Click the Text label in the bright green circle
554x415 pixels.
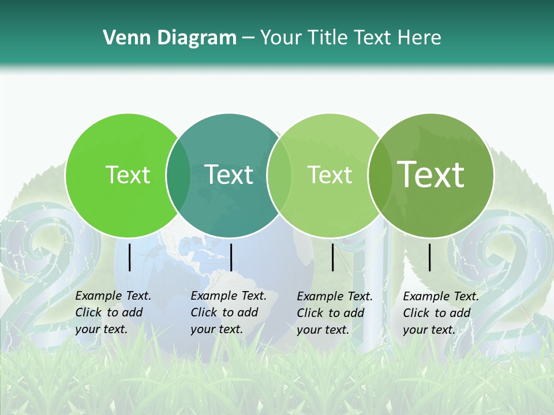[128, 175]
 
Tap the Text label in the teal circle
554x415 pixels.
[229, 175]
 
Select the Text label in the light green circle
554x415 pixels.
[330, 175]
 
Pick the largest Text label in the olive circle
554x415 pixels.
[431, 175]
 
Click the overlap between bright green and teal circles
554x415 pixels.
[178, 175]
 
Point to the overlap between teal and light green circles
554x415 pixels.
[279, 175]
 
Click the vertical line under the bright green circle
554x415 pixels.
[130, 257]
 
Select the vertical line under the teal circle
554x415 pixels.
[231, 257]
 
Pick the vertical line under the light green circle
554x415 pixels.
[333, 257]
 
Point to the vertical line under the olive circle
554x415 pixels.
[430, 257]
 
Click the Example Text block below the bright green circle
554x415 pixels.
[113, 312]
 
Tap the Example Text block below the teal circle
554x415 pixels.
[229, 312]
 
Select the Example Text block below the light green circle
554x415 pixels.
[335, 313]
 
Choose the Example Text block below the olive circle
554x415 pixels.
[441, 313]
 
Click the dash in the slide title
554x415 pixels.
[248, 39]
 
